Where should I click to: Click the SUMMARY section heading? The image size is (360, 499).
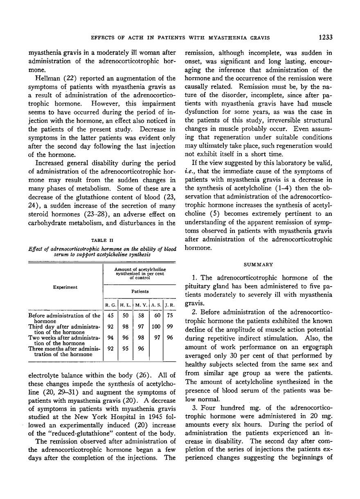264,265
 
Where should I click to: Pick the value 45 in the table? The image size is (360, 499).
110,316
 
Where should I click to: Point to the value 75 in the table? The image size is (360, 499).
169,316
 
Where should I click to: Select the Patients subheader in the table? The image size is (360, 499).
139,291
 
